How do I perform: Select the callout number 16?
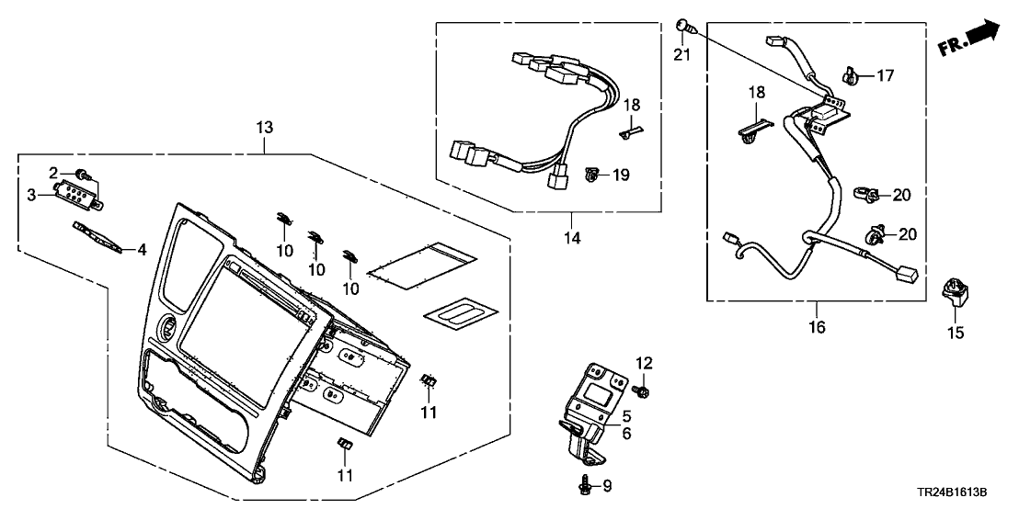click(817, 327)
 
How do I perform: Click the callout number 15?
click(956, 333)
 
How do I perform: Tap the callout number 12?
click(644, 364)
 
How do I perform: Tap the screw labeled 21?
click(683, 25)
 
